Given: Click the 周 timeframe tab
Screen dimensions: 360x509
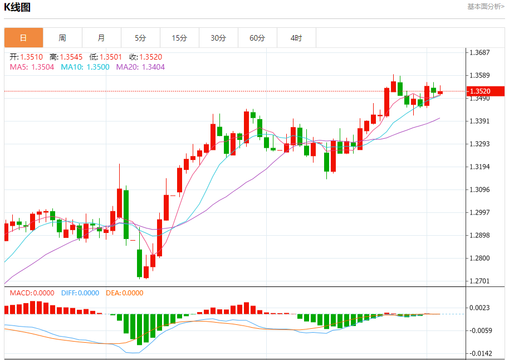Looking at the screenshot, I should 62,38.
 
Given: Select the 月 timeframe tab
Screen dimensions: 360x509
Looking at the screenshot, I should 101,38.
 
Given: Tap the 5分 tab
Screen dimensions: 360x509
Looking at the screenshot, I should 140,38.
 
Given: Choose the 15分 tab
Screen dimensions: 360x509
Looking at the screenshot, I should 179,38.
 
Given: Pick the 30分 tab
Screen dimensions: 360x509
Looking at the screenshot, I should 218,38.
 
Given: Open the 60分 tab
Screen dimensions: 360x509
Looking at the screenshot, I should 257,38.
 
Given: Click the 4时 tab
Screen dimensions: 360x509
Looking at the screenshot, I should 296,38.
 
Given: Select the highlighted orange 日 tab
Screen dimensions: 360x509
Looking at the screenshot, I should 23,38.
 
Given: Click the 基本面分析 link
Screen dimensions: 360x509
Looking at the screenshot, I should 486,7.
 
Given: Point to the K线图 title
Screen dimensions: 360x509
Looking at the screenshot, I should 17,7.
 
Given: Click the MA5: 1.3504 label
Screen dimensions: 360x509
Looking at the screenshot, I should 32,67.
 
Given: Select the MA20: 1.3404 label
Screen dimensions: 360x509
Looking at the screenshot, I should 140,67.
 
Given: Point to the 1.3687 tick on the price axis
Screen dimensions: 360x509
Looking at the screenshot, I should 479,53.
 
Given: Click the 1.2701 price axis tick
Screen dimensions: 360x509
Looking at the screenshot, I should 479,281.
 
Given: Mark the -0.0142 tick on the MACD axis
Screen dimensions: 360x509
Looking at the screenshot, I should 479,354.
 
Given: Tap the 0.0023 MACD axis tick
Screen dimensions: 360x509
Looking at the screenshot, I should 479,308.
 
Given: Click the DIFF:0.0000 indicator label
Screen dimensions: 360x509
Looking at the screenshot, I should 80,293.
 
